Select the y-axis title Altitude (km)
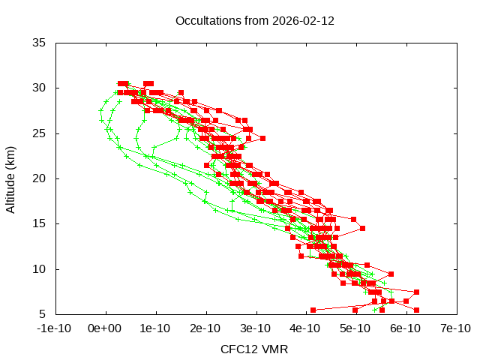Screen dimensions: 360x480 (11, 178)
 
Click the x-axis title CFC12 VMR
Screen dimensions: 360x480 (254, 349)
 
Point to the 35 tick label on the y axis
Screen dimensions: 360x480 (40, 43)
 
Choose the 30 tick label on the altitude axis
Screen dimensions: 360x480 (40, 88)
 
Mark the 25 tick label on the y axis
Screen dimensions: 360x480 (40, 133)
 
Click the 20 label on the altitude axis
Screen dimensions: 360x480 (40, 178)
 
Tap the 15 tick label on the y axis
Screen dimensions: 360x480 (40, 223)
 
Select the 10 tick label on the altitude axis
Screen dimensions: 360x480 (40, 268)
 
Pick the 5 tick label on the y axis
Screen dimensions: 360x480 (43, 314)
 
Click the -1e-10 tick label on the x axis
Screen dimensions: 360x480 (55, 328)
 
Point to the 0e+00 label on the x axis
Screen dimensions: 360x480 (105, 328)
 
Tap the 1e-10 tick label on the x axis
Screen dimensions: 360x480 (155, 328)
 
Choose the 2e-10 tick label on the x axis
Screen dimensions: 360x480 (205, 328)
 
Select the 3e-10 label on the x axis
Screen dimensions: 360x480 (255, 328)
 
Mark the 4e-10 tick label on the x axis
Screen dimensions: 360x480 (305, 328)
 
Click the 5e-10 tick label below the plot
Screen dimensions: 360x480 (355, 328)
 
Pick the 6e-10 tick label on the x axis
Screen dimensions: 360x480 (405, 328)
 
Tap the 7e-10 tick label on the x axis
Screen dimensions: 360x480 (455, 328)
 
